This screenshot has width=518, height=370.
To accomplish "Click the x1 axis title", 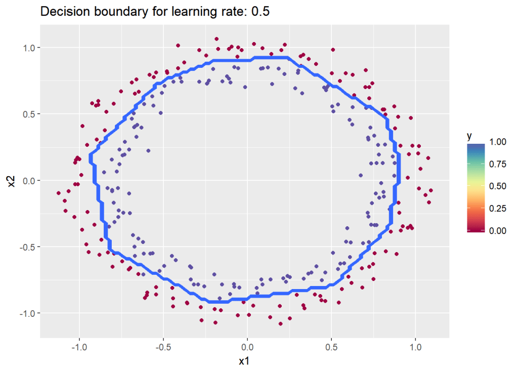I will pyautogui.click(x=244, y=361).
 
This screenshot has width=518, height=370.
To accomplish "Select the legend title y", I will pyautogui.click(x=469, y=136).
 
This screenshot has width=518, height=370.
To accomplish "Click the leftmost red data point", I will pyautogui.click(x=59, y=193).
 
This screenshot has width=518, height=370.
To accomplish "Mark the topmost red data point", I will pyautogui.click(x=217, y=38).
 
